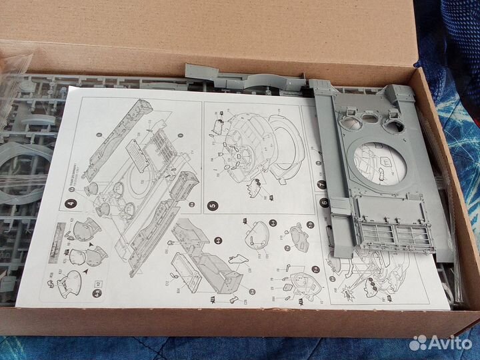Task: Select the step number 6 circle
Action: pos(324,203)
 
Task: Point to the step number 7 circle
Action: pos(321,185)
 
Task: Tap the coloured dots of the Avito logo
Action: pos(417,343)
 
